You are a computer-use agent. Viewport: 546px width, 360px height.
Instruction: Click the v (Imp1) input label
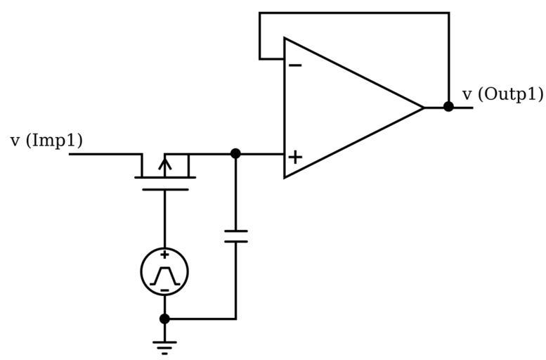[x=46, y=141]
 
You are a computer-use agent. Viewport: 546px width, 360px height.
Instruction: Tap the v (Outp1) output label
[x=502, y=94]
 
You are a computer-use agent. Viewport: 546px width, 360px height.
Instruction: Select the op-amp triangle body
[x=344, y=108]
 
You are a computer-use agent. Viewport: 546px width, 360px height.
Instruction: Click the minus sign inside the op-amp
[x=296, y=66]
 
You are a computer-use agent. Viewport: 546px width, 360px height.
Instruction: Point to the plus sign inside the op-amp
[x=295, y=156]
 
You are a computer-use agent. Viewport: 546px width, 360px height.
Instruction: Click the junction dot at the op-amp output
[x=448, y=107]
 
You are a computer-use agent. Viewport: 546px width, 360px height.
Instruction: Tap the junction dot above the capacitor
[x=235, y=153]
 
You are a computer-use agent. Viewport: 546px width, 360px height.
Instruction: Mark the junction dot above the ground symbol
[x=164, y=319]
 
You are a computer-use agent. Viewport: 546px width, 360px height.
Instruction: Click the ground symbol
[x=164, y=346]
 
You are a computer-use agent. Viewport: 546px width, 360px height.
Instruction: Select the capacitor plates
[x=235, y=235]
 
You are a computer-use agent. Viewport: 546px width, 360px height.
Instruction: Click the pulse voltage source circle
[x=164, y=271]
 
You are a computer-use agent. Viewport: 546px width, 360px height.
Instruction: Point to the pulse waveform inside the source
[x=164, y=274]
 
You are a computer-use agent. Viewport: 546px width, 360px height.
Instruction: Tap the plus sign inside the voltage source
[x=164, y=255]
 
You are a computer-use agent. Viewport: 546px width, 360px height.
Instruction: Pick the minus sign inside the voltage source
[x=164, y=289]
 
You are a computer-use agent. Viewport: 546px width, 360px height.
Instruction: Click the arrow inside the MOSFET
[x=164, y=166]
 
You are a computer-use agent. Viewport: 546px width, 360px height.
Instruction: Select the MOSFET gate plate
[x=164, y=188]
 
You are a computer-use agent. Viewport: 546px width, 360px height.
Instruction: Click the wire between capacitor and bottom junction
[x=235, y=281]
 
